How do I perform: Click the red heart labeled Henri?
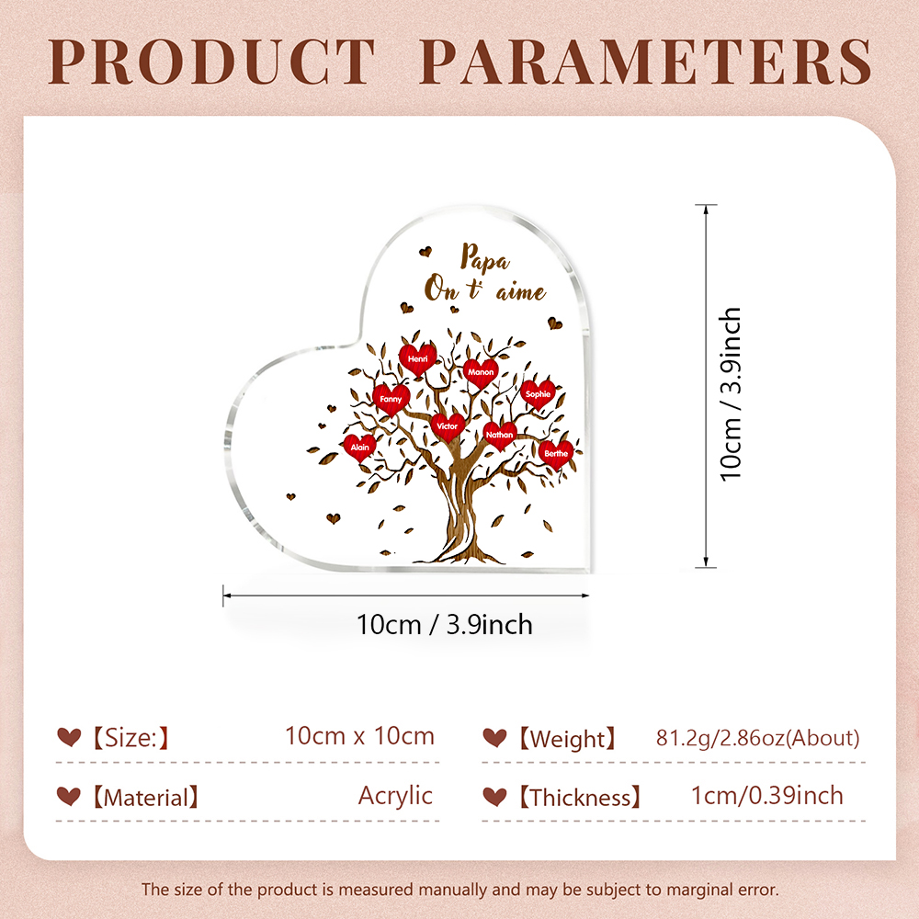(417, 358)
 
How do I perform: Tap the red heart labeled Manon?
(481, 373)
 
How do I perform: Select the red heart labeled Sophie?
(538, 394)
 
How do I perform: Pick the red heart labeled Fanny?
(391, 400)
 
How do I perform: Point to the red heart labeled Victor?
(448, 426)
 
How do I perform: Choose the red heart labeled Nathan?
(499, 435)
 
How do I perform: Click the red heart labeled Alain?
(359, 448)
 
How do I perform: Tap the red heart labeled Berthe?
(556, 454)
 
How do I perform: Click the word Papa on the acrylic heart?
(484, 258)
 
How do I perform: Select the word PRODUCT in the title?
(211, 62)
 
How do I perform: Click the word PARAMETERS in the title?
(646, 62)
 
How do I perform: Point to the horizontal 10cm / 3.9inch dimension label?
(444, 625)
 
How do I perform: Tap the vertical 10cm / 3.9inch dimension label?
(731, 394)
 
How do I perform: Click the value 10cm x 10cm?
(360, 736)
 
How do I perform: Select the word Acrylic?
(395, 796)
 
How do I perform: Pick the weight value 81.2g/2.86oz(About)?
(758, 738)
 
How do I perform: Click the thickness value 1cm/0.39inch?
(767, 796)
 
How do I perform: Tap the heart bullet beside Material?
(69, 796)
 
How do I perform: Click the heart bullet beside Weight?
(494, 737)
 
